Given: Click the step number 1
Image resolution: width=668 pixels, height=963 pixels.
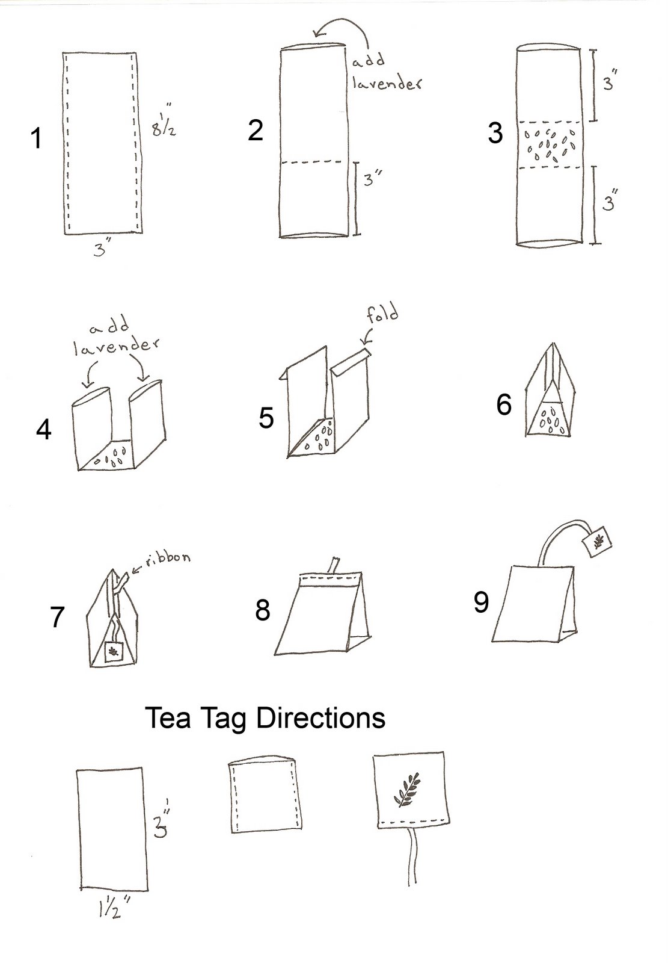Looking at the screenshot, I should point(37,139).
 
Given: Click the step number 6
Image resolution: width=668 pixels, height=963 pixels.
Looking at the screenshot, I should point(504,404).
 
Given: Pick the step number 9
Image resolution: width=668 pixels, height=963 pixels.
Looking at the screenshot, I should point(481,602).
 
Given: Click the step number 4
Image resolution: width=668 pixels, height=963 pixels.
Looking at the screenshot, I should point(44,430).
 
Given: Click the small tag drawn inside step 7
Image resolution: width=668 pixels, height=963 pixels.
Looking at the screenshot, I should point(114,652).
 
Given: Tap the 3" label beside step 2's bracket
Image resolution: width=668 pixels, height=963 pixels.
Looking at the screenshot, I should point(373,179).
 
